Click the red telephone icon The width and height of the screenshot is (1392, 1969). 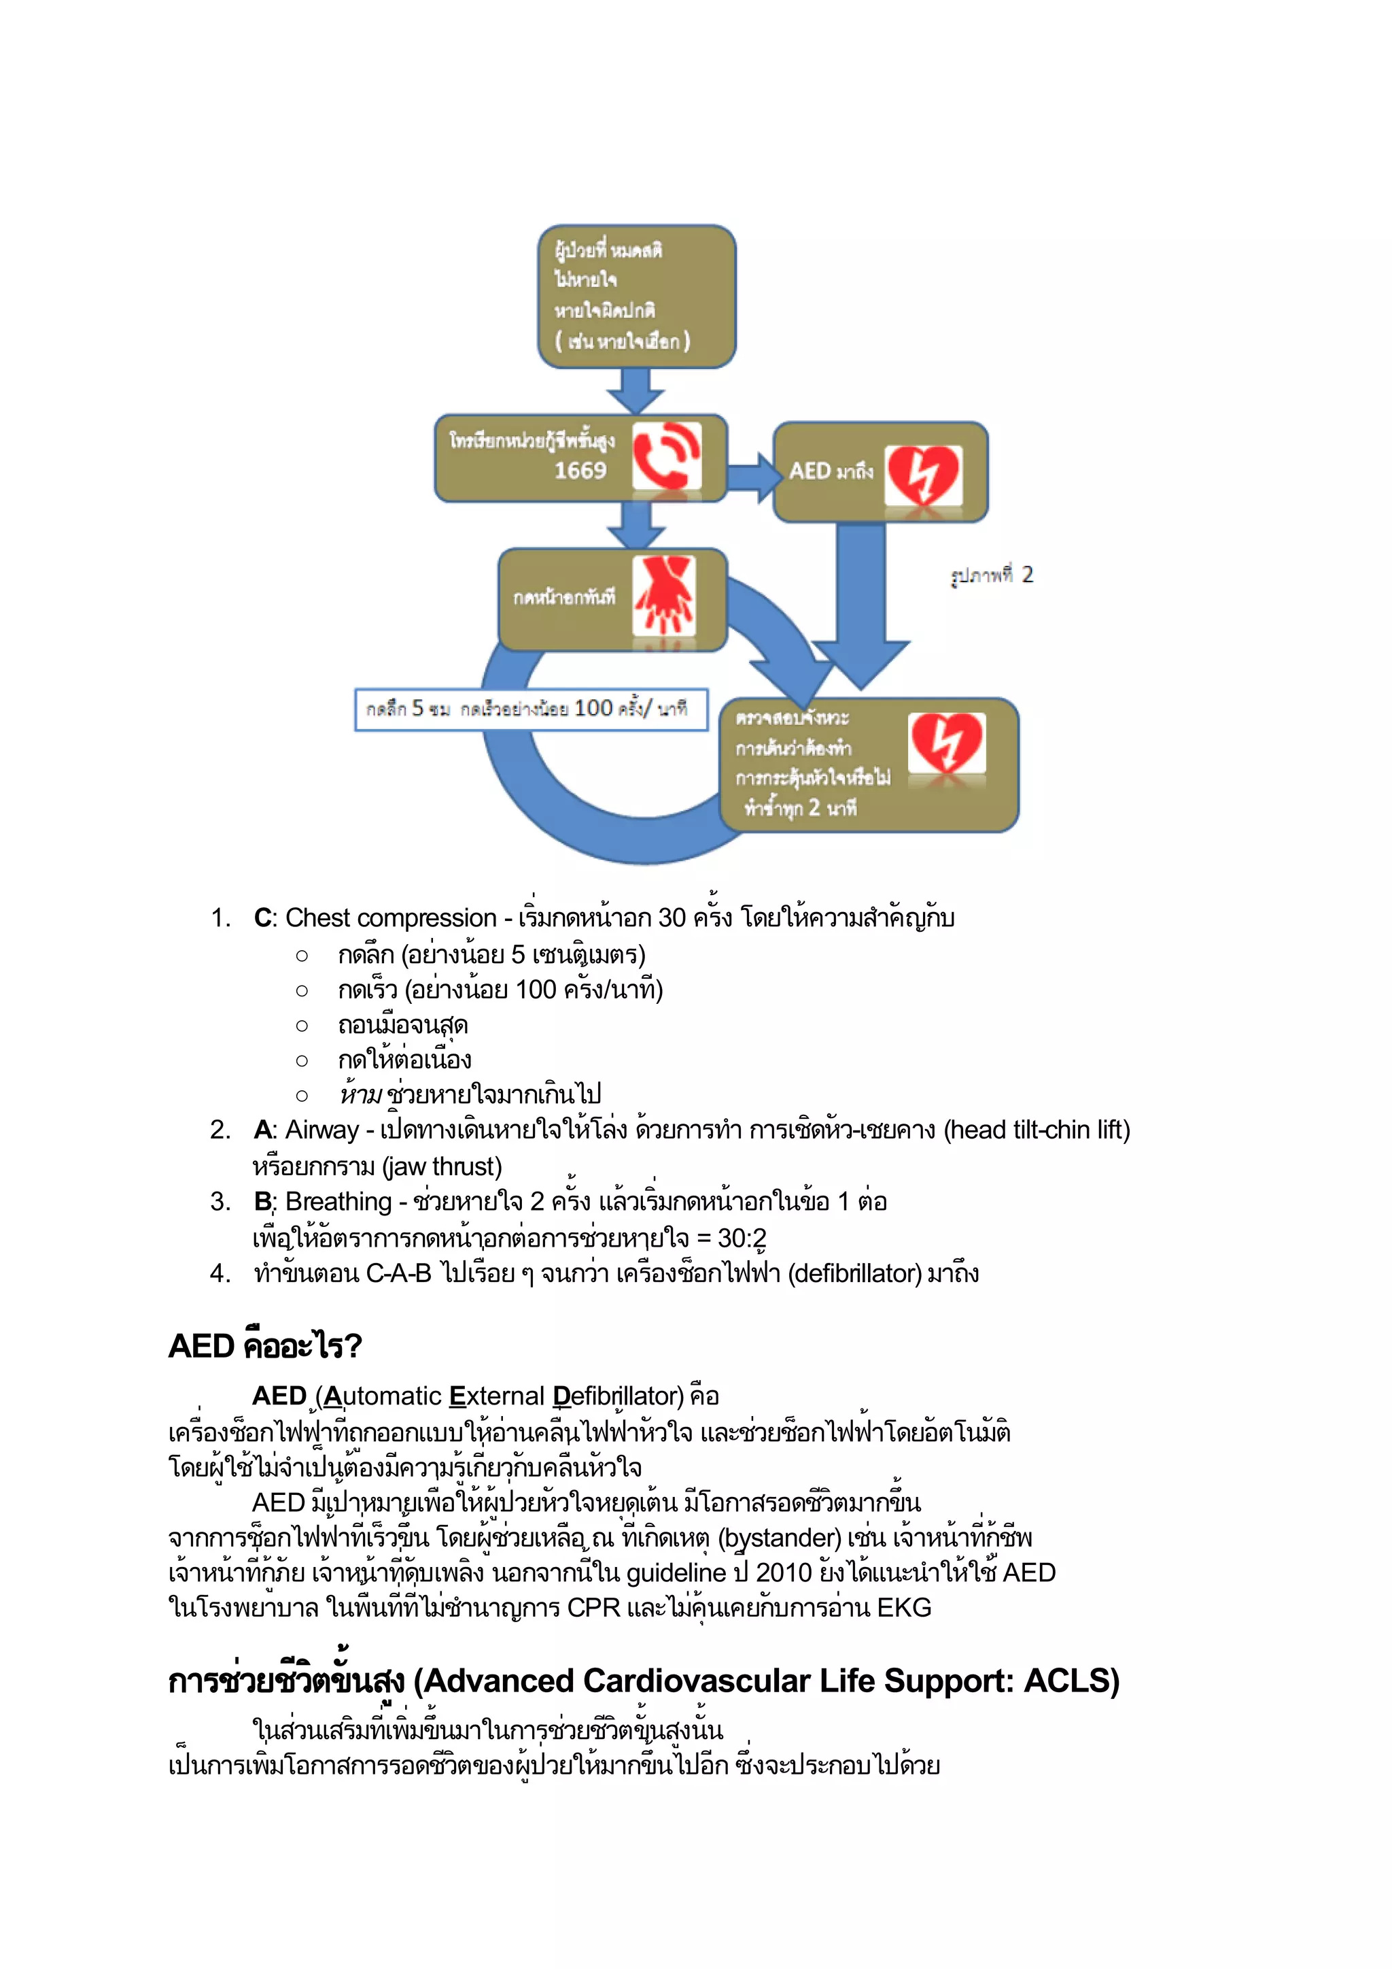click(x=666, y=456)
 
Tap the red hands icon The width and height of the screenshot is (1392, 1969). click(x=664, y=595)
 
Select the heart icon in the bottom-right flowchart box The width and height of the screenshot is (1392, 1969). click(x=946, y=743)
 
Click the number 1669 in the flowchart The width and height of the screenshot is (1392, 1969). click(x=580, y=470)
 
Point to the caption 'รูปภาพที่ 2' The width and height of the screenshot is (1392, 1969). click(x=992, y=575)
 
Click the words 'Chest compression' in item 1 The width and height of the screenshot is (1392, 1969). click(x=391, y=918)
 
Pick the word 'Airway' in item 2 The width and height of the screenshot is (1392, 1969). click(x=321, y=1130)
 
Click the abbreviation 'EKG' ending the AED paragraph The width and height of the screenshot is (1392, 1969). click(x=903, y=1607)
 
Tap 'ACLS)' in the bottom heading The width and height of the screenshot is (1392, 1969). click(x=1071, y=1681)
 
